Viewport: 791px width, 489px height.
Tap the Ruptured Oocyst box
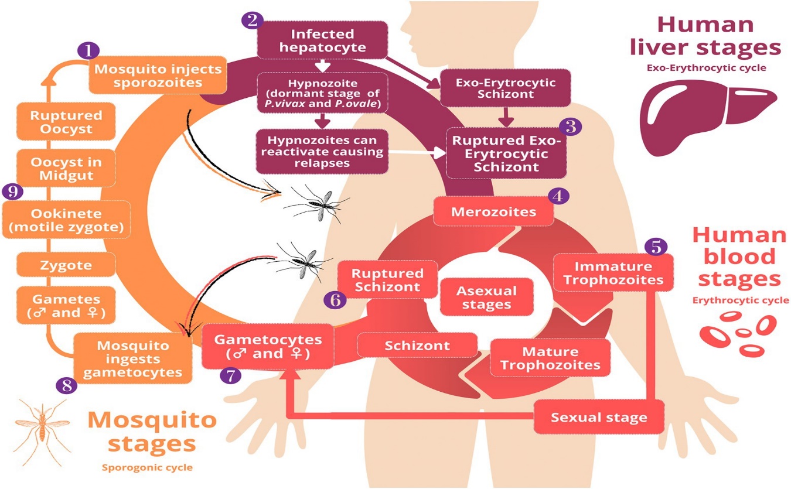click(66, 122)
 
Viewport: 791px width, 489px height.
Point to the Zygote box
click(66, 265)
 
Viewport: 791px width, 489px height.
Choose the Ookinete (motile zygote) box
click(66, 220)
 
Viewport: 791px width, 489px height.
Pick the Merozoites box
click(493, 211)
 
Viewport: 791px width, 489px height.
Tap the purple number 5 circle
click(656, 247)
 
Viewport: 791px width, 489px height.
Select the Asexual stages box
click(486, 297)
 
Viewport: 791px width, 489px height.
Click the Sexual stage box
click(599, 417)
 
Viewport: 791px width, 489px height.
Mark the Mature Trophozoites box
click(550, 358)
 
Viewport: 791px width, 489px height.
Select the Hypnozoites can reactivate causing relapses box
click(322, 151)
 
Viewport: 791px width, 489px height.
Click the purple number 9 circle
click(12, 190)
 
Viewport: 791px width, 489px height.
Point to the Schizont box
click(417, 345)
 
